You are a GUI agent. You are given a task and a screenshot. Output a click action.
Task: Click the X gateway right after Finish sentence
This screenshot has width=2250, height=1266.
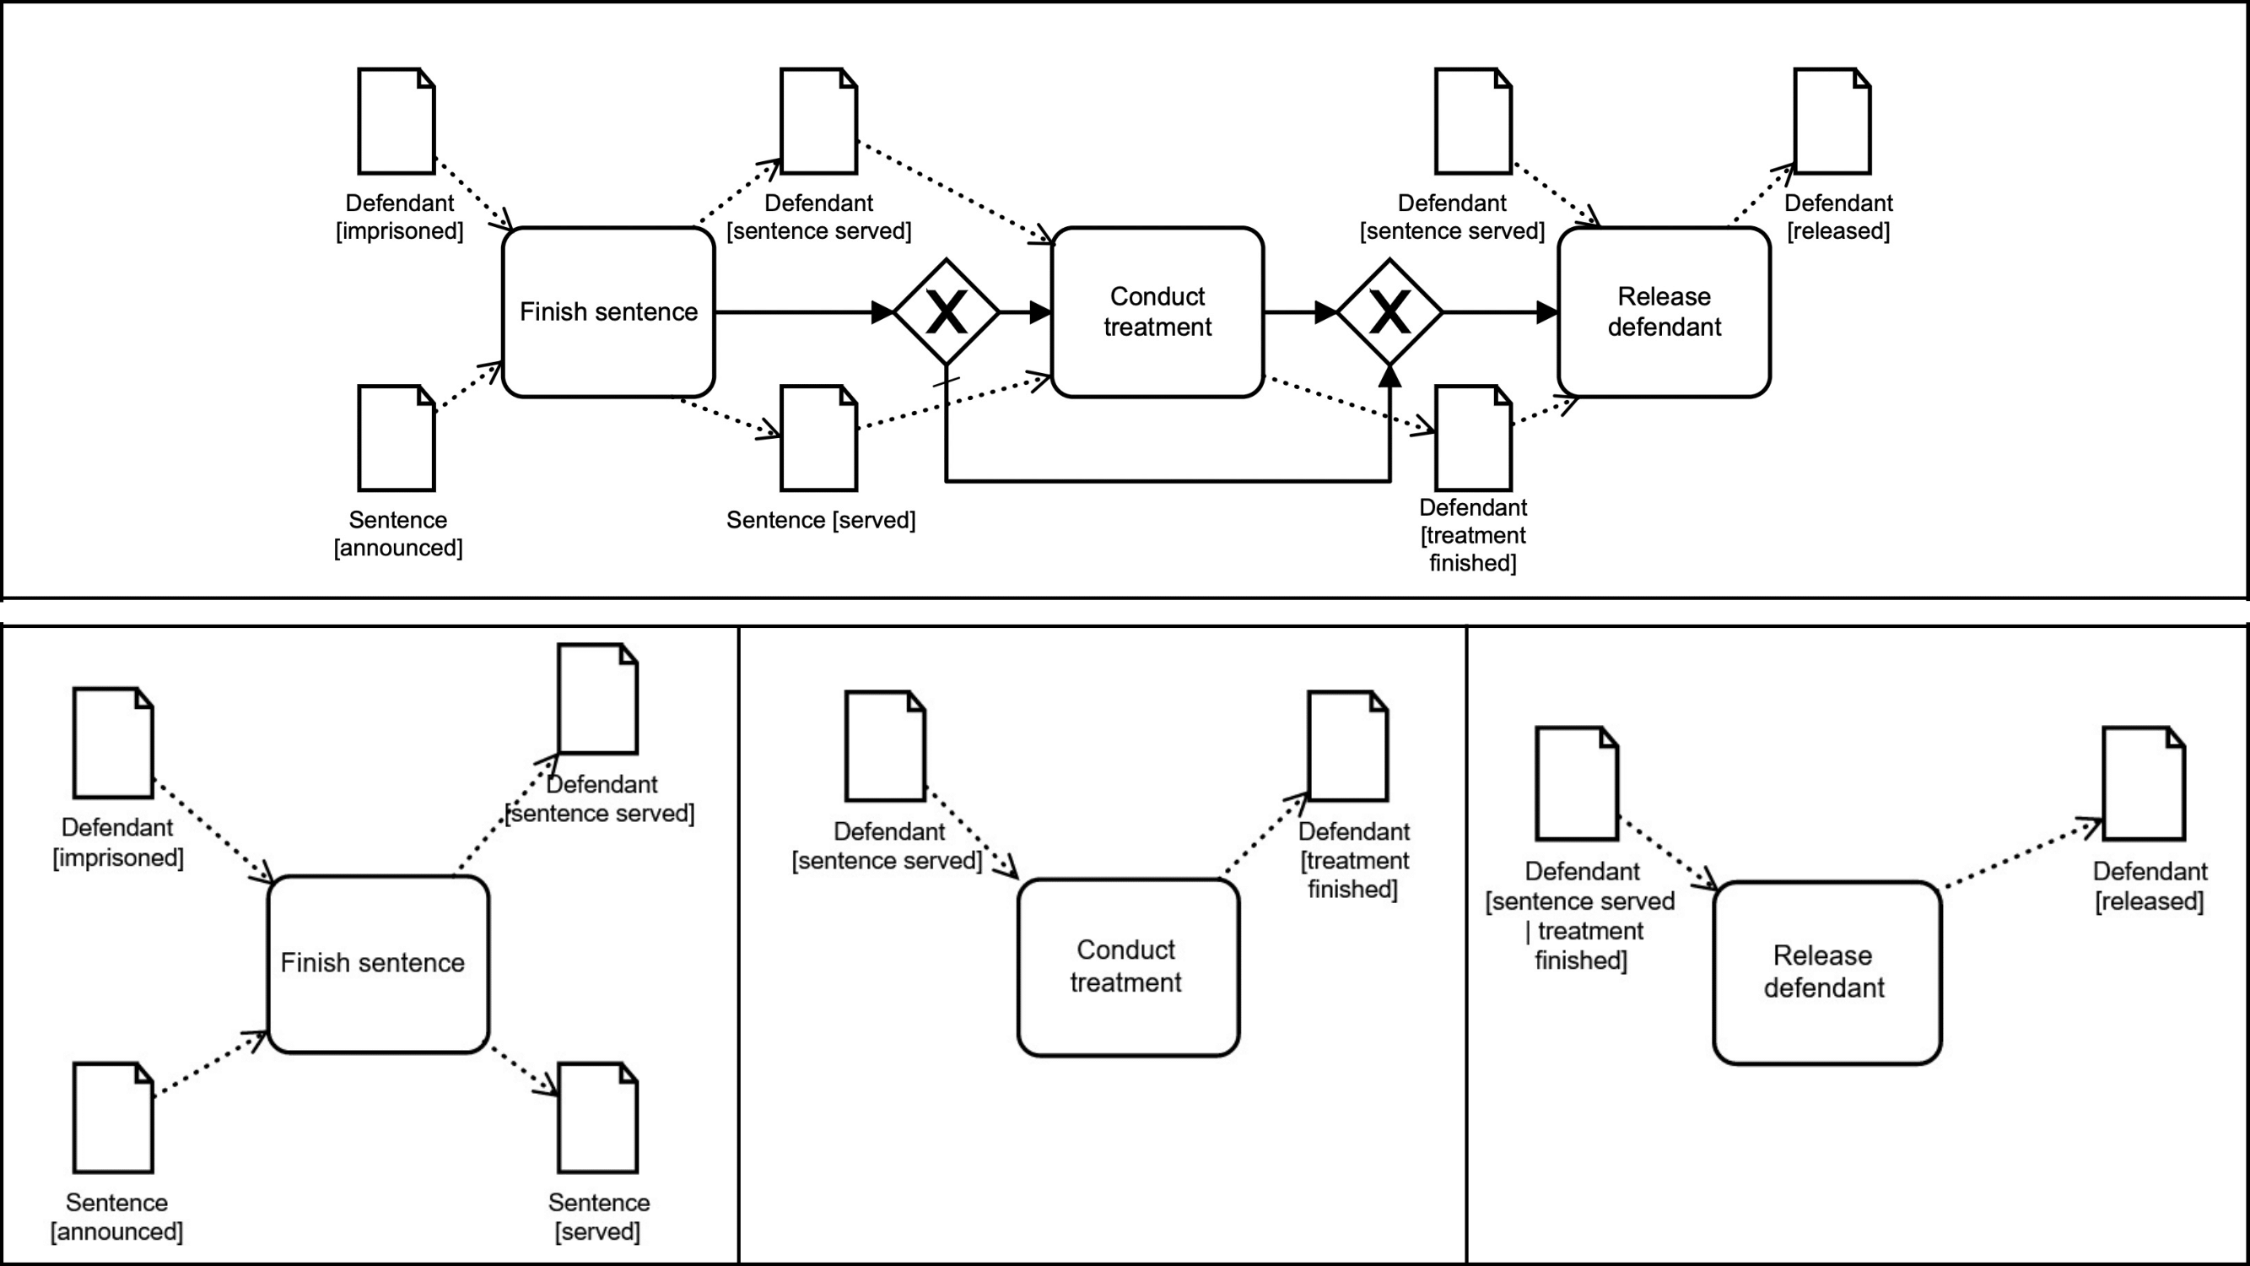946,312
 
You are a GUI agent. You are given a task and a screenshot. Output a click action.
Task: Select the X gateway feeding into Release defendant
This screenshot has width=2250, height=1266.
1389,312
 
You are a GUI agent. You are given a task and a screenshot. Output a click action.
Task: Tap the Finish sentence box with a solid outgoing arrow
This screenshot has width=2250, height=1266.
609,312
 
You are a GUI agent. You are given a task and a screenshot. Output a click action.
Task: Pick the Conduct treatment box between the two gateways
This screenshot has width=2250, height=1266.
1157,312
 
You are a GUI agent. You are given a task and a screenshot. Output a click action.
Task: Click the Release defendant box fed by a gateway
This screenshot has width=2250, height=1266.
1664,312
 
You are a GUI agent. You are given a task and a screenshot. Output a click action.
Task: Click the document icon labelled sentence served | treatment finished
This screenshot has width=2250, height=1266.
1577,783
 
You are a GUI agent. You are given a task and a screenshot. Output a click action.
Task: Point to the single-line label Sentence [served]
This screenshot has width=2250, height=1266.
821,520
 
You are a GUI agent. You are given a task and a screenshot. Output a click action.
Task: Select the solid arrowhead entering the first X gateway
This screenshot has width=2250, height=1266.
882,312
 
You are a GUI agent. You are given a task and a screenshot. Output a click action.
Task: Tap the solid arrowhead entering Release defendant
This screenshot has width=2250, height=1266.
1547,312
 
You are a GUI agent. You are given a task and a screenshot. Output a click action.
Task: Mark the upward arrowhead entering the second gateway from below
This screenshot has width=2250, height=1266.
1389,376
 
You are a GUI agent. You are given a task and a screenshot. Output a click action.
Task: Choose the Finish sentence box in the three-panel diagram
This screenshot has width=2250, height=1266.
377,964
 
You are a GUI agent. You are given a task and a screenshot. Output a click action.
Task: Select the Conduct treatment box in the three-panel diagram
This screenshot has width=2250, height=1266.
1128,967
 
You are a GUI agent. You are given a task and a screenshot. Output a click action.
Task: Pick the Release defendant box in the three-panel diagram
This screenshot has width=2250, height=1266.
1826,972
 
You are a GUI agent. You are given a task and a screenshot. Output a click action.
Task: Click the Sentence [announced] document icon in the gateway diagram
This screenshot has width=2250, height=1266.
397,438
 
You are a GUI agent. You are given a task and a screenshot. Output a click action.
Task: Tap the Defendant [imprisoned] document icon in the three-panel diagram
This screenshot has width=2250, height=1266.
113,743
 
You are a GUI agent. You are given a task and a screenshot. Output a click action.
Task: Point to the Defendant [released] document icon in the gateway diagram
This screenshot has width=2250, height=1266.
1832,122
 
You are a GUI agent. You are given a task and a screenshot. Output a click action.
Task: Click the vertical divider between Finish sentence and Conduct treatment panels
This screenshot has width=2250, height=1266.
739,944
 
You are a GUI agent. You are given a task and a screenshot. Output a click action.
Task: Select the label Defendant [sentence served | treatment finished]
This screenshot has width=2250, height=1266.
1581,916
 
